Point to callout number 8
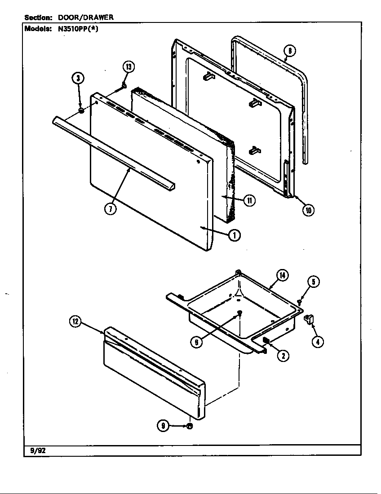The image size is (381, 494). pyautogui.click(x=290, y=51)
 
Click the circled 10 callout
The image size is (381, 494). pyautogui.click(x=308, y=209)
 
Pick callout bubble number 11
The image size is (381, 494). pyautogui.click(x=249, y=200)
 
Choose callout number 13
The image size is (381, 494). pyautogui.click(x=128, y=67)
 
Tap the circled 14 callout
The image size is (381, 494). pyautogui.click(x=282, y=275)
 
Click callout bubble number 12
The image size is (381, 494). pyautogui.click(x=75, y=321)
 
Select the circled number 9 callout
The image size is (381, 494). pyautogui.click(x=163, y=426)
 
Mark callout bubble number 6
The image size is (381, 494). pyautogui.click(x=196, y=342)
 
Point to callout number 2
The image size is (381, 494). pyautogui.click(x=283, y=356)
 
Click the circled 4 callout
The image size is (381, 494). pyautogui.click(x=318, y=341)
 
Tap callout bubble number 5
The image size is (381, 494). pyautogui.click(x=314, y=282)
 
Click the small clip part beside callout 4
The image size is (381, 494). pyautogui.click(x=308, y=319)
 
